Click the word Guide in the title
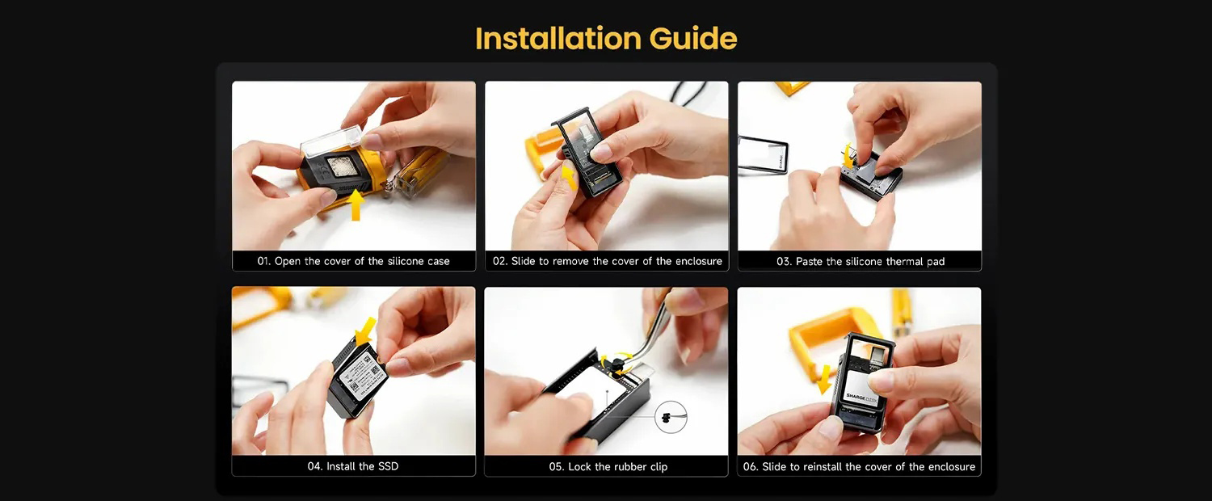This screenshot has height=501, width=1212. click(x=693, y=39)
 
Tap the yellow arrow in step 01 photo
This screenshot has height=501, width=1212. click(x=356, y=204)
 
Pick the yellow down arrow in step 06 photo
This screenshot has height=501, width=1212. click(x=824, y=379)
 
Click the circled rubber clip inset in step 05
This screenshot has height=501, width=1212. click(x=671, y=417)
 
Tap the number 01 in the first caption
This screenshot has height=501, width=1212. click(x=263, y=261)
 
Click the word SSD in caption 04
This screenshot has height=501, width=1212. click(x=388, y=465)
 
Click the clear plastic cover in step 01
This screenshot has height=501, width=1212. click(x=331, y=140)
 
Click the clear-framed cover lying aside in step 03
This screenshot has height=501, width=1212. click(x=763, y=155)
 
